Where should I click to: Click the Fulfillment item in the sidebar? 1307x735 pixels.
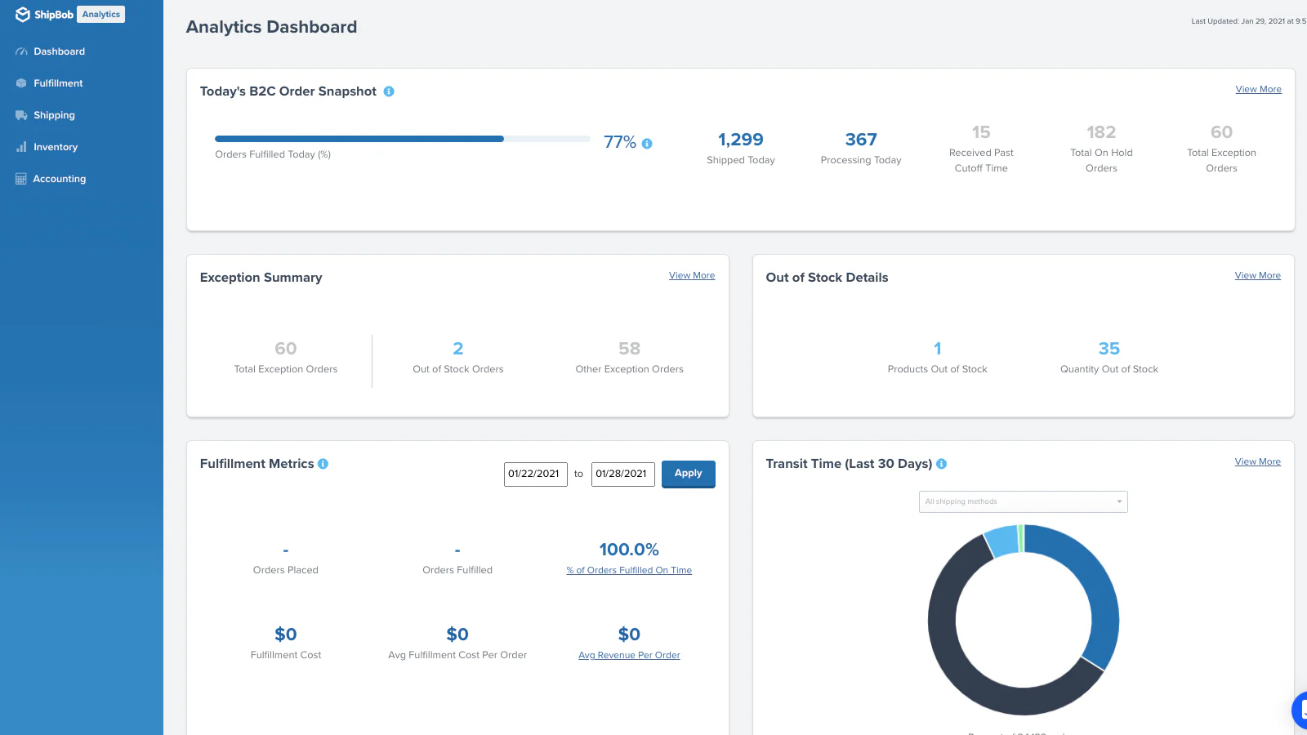click(58, 83)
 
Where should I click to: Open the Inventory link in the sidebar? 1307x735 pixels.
click(55, 147)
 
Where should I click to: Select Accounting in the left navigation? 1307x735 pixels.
click(59, 179)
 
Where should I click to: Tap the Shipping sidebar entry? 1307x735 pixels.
click(54, 115)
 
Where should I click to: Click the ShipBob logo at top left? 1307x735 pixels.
click(45, 15)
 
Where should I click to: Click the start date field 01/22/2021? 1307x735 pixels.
click(535, 474)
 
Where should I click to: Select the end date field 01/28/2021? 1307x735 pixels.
click(622, 474)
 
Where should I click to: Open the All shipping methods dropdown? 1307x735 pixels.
click(1023, 501)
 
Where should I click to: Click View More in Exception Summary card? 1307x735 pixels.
click(691, 276)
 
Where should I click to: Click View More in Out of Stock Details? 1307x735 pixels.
click(1257, 276)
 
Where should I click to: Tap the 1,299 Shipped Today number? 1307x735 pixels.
click(740, 140)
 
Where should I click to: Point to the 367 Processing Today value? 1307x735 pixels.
click(861, 140)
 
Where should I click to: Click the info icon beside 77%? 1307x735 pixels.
click(647, 144)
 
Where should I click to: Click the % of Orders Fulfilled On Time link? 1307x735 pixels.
click(629, 571)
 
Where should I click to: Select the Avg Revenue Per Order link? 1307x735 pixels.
click(629, 656)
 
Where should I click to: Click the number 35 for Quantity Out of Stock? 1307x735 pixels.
click(1108, 349)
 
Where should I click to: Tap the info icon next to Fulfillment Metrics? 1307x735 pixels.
click(323, 464)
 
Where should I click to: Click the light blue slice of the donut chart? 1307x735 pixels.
click(1001, 541)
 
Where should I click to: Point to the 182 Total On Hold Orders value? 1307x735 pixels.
click(1100, 132)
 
